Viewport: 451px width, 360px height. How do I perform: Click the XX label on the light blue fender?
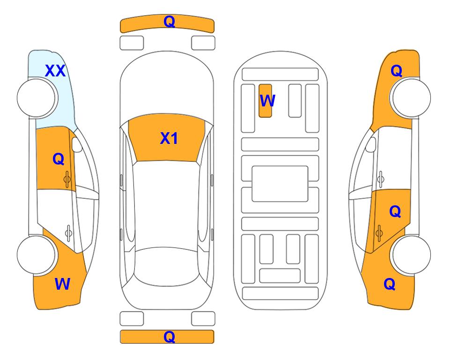55,71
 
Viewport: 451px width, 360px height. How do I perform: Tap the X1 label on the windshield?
169,138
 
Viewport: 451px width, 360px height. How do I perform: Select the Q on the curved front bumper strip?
169,22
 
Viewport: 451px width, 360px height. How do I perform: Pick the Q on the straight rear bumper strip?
169,337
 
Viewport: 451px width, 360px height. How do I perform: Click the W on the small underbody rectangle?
267,100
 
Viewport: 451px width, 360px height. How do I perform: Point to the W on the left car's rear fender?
62,284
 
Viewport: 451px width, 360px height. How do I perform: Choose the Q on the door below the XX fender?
59,159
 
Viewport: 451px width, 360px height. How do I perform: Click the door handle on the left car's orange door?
67,179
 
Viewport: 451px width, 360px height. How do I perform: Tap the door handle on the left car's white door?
68,232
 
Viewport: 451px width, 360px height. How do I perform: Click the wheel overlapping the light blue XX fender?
36,98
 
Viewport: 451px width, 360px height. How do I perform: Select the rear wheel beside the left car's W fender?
36,255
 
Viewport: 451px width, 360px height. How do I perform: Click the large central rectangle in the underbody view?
280,184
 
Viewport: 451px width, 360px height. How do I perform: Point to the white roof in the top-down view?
166,204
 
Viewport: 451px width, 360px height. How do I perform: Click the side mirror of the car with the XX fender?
77,144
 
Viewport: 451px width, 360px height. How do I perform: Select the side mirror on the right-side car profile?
370,144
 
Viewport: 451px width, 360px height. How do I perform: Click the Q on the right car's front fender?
396,71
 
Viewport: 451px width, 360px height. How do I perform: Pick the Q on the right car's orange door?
395,211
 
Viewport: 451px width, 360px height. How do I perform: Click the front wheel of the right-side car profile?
411,98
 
